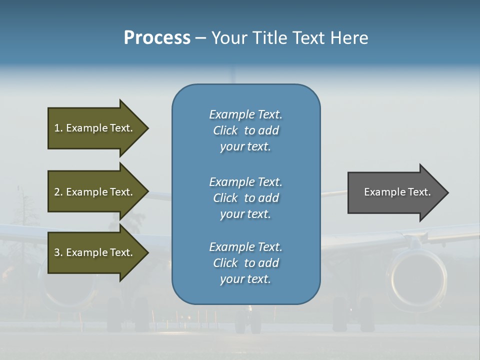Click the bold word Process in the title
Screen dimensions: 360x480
click(x=157, y=38)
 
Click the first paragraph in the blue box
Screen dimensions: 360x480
click(x=245, y=130)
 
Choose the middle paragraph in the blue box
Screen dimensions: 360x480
click(x=245, y=198)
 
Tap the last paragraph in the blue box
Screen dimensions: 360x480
click(x=245, y=263)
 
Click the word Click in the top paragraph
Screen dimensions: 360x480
click(x=225, y=130)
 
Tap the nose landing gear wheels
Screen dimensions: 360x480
click(x=248, y=322)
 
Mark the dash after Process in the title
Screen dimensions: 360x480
click(x=200, y=38)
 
